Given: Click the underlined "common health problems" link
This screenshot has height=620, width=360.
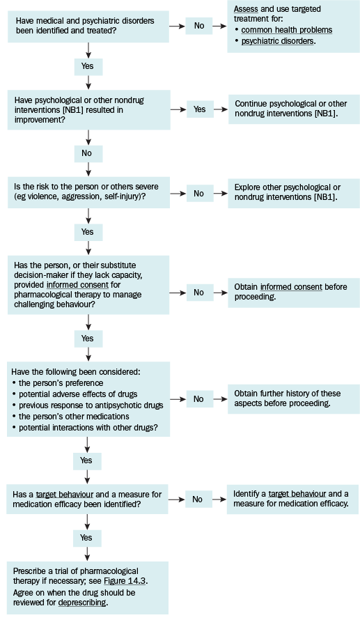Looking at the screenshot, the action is (x=286, y=30).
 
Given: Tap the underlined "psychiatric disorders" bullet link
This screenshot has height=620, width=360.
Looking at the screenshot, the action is (x=277, y=41).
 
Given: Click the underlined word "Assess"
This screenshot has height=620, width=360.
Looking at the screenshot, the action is (x=246, y=8).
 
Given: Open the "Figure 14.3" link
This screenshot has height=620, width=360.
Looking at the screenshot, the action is (x=125, y=581).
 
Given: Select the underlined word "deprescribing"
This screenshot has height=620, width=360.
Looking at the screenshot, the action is (x=82, y=603).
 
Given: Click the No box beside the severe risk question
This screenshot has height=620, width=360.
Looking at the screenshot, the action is (x=198, y=194).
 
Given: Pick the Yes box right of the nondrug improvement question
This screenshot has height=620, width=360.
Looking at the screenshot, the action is (x=200, y=109).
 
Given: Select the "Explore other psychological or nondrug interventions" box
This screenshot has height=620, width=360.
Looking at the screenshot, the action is (x=294, y=192).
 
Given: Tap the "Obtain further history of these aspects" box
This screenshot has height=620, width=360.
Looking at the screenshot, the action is (x=294, y=398).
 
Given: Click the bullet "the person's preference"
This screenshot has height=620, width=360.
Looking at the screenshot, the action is (x=61, y=383).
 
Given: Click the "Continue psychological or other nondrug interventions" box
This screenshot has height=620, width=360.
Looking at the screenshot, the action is (x=294, y=109).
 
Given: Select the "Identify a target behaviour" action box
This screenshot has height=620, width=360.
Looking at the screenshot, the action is (x=293, y=499).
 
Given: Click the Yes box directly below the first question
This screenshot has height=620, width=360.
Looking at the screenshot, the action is (x=88, y=66).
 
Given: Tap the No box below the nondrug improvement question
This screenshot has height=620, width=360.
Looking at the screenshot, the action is (x=88, y=153).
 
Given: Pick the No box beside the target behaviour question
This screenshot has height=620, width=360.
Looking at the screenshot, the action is (x=198, y=499).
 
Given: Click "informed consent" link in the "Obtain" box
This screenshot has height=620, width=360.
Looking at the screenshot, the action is (x=291, y=287).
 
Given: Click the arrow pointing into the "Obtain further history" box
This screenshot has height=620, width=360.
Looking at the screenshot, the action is (x=220, y=399).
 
